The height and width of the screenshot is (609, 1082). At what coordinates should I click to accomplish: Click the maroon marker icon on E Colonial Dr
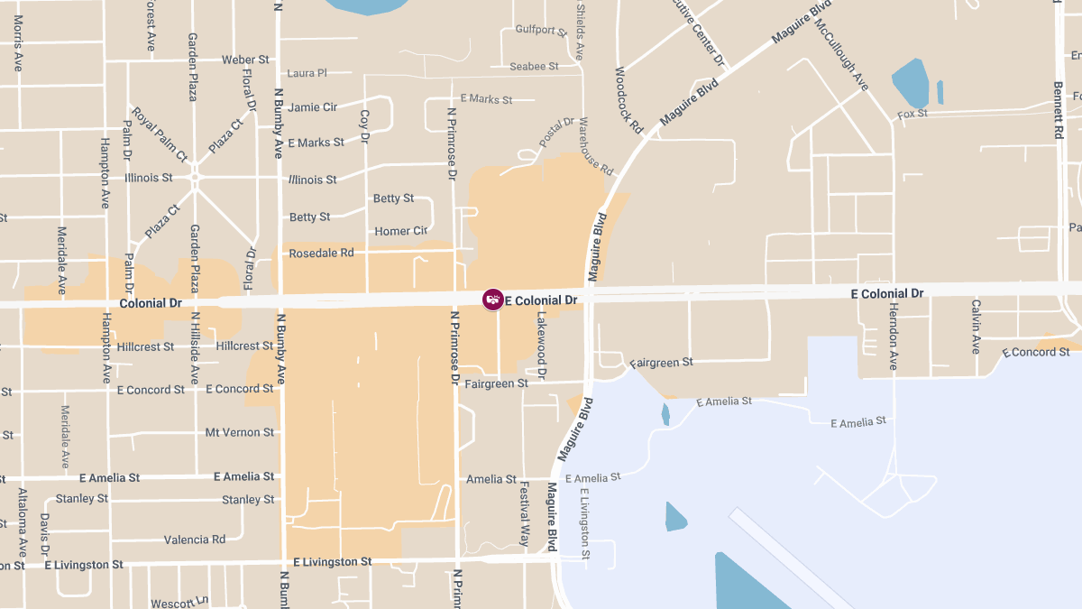492,300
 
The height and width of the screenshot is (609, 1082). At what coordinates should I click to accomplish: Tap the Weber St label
245,60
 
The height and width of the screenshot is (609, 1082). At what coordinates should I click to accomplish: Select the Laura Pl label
307,73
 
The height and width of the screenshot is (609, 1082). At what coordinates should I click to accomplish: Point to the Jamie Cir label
313,107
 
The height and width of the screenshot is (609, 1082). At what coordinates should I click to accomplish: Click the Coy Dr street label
365,126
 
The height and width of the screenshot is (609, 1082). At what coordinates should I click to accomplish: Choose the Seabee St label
534,67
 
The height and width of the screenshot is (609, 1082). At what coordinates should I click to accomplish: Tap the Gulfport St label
541,30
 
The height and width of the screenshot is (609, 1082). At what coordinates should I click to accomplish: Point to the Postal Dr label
556,133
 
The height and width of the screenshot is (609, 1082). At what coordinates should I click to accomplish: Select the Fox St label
912,115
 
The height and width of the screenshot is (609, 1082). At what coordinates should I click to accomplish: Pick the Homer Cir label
400,232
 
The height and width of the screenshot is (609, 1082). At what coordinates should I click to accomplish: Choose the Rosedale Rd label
321,254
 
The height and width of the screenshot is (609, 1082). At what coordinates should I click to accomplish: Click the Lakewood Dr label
542,345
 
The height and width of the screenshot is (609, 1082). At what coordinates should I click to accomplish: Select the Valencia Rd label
195,540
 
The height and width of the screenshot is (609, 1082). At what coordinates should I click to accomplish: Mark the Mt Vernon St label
239,433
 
